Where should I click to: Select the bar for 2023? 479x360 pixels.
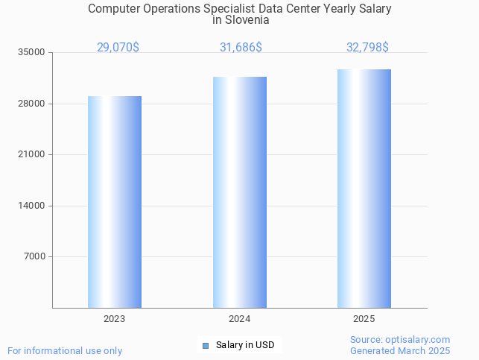115,202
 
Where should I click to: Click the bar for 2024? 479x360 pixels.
240,192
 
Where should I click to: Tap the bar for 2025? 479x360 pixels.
364,189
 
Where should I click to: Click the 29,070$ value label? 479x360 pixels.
118,48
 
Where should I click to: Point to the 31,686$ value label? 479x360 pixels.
241,48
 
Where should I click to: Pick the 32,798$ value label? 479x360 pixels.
367,48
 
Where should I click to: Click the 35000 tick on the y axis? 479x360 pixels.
32,53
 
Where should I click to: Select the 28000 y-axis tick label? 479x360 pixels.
32,104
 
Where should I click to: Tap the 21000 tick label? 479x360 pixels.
32,155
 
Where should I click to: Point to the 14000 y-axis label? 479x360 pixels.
32,206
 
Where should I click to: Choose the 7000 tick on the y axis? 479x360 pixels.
34,257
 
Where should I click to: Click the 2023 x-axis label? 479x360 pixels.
115,319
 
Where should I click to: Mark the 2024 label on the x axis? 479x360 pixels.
240,319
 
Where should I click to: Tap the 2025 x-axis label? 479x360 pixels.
364,319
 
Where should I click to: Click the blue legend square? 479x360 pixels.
206,345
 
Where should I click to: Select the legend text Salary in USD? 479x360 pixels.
245,345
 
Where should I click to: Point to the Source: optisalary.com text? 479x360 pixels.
400,340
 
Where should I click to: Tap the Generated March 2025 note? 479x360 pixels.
400,351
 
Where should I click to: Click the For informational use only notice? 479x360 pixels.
65,351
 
